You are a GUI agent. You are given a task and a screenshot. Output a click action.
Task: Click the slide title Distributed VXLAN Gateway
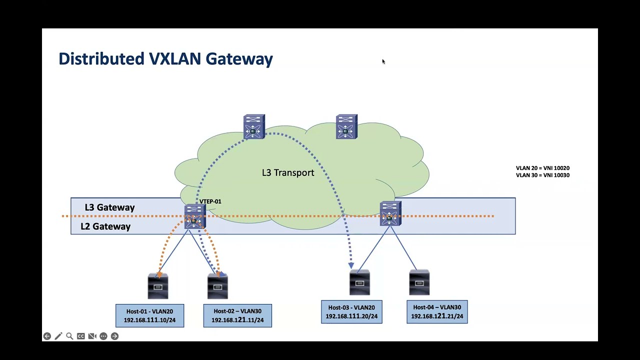165,58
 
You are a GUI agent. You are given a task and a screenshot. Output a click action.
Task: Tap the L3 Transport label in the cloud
288,172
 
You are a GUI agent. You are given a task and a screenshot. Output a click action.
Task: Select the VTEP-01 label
210,201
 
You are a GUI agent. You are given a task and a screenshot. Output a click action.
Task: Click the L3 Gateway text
109,207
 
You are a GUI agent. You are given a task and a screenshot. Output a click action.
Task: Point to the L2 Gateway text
105,226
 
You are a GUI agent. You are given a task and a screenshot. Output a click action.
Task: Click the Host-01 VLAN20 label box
149,315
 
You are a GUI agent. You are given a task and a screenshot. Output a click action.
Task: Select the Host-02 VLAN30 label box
237,315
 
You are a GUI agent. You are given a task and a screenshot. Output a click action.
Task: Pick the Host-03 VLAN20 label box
351,311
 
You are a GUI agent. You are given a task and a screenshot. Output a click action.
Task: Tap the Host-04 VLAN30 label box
437,311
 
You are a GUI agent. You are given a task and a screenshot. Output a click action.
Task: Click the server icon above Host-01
158,286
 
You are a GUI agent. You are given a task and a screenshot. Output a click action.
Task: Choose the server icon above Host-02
217,286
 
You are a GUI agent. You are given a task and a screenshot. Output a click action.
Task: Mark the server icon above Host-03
359,282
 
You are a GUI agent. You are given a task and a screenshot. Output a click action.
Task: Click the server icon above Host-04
419,282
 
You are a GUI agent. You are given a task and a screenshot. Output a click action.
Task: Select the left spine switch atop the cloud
254,127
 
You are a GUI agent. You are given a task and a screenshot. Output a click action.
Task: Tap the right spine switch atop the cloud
346,127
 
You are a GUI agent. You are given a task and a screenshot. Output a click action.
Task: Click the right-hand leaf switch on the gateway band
390,214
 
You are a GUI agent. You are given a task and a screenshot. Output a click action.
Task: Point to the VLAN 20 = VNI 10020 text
542,168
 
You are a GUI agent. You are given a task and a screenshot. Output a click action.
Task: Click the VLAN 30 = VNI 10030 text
542,175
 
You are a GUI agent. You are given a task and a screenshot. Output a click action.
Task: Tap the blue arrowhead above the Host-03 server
351,265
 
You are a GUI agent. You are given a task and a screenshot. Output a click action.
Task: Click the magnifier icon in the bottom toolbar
69,336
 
